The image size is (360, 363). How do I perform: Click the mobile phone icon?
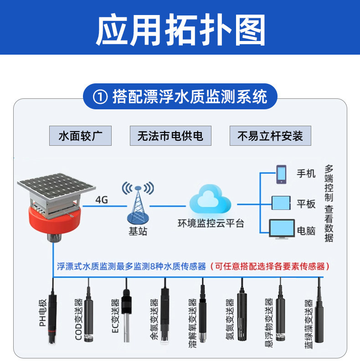tap(281, 174)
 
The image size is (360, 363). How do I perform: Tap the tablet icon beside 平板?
tap(281, 203)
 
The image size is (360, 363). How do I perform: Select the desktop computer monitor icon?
tap(282, 229)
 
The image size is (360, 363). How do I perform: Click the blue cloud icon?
tap(210, 199)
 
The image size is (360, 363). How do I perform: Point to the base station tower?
tap(138, 203)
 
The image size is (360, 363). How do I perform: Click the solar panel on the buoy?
tap(57, 186)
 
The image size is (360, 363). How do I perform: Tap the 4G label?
tap(102, 199)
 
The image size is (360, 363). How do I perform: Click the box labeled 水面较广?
tap(80, 136)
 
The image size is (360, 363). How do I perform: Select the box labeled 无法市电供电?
tap(170, 136)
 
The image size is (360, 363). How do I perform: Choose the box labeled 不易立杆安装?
tap(270, 136)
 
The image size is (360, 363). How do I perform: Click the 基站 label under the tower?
tap(138, 231)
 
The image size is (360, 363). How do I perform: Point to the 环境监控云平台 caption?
tap(211, 224)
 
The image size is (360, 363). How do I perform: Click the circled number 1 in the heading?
tap(100, 97)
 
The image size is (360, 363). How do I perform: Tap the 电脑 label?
tap(306, 230)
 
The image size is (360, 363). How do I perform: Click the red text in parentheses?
tap(270, 266)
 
